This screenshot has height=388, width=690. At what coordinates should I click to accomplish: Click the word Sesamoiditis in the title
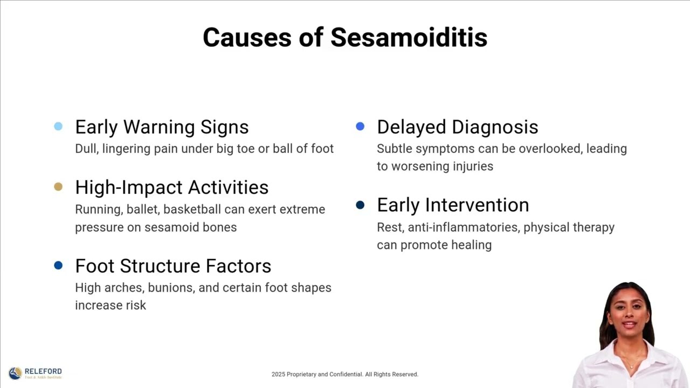coord(409,38)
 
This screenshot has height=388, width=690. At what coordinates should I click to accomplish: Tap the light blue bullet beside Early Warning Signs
coord(58,126)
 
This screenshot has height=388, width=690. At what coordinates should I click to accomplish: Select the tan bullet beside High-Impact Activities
coord(58,186)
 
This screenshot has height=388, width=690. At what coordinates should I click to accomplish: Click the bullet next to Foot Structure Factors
coord(58,265)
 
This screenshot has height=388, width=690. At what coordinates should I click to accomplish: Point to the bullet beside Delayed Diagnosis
coord(360,126)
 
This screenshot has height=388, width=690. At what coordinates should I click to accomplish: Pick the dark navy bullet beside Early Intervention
coord(360,205)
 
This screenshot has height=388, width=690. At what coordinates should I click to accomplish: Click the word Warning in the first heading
coord(159,127)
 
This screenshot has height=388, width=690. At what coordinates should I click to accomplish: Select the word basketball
coord(192,210)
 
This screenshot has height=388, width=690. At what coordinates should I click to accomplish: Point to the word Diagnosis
coord(495,127)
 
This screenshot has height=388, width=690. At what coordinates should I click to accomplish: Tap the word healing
coord(471,245)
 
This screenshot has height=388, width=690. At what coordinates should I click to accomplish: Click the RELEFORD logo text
coord(43,371)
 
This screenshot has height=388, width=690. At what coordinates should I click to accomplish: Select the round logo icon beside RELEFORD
coord(15,373)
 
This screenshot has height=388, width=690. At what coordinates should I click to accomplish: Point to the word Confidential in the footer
coord(346,375)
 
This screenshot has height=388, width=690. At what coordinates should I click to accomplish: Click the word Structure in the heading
coord(160,266)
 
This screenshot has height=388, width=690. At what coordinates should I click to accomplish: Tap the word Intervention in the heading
coord(477,205)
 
